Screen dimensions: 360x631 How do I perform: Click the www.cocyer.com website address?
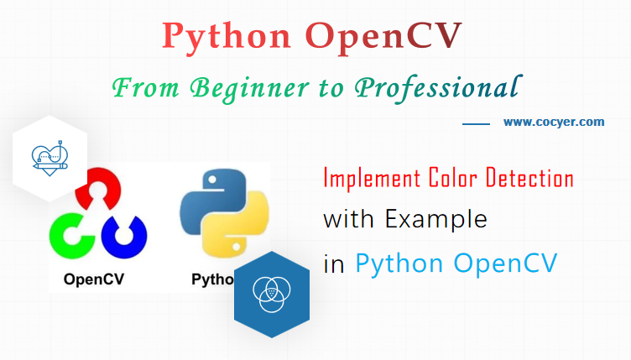554,122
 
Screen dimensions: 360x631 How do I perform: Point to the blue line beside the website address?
476,123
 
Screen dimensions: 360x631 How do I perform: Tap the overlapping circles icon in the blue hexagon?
271,294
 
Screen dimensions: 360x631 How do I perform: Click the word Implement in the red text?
366,179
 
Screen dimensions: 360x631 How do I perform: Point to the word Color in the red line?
444,178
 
